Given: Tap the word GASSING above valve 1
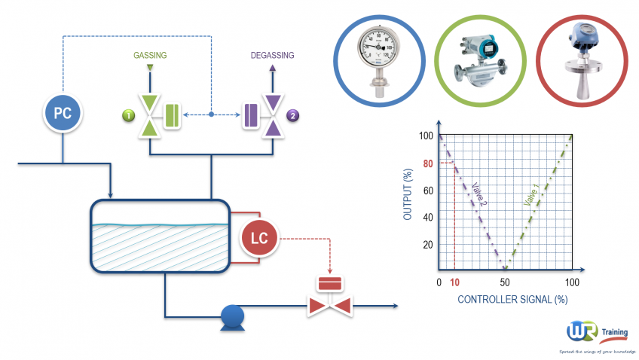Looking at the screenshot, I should click(x=150, y=55).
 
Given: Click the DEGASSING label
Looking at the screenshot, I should click(x=272, y=55).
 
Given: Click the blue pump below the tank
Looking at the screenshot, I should click(x=230, y=316).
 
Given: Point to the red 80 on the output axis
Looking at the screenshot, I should click(x=427, y=163).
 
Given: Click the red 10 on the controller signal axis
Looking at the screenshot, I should click(x=454, y=282).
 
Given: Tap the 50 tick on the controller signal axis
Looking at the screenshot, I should click(x=505, y=282).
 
